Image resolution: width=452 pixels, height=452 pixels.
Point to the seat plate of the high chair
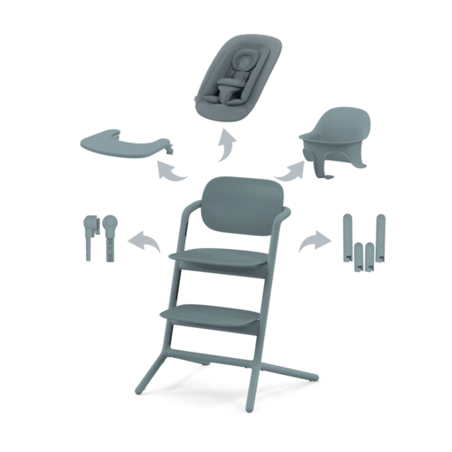pos(226,253)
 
